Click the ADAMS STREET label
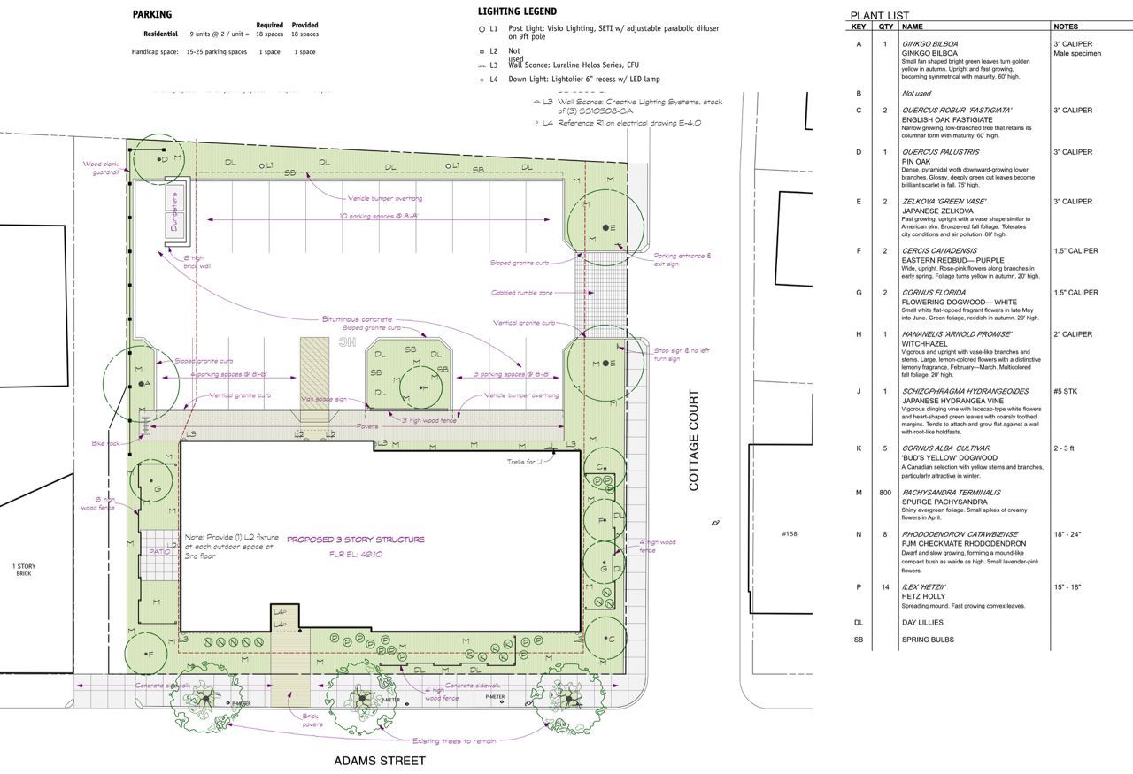click(379, 761)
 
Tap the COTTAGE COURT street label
click(694, 441)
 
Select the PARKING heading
click(152, 14)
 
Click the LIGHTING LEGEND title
click(517, 11)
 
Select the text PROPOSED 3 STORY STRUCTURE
click(356, 540)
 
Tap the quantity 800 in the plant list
click(885, 493)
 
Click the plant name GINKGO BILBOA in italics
click(929, 43)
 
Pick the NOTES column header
click(1066, 27)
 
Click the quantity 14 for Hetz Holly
click(885, 587)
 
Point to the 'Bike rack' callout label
click(104, 443)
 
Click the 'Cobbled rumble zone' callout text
click(522, 293)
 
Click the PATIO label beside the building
click(159, 551)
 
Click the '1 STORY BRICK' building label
click(24, 570)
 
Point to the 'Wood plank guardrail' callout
click(101, 168)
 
